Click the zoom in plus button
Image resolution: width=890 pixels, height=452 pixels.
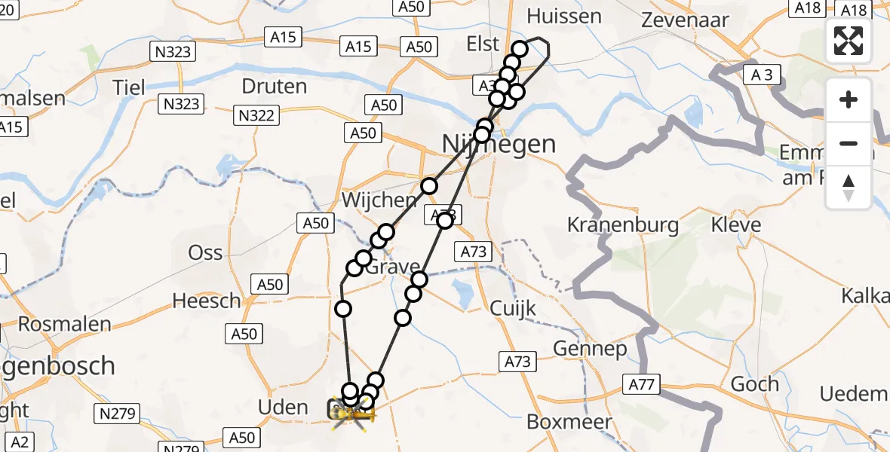tap(849, 99)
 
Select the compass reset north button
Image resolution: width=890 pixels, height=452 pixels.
tap(849, 188)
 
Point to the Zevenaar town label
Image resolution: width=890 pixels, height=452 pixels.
tap(685, 20)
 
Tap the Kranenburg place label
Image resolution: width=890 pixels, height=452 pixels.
tap(622, 224)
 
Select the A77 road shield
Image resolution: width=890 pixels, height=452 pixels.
tap(642, 385)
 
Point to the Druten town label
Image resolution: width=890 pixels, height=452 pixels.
tap(274, 86)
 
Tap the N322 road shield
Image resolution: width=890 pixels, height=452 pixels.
tap(257, 115)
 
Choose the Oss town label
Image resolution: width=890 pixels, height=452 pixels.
tap(205, 252)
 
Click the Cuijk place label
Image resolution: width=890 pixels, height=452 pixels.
tap(513, 307)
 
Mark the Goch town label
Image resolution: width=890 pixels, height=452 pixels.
tap(754, 383)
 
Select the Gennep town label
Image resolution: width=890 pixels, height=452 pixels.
tap(590, 348)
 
